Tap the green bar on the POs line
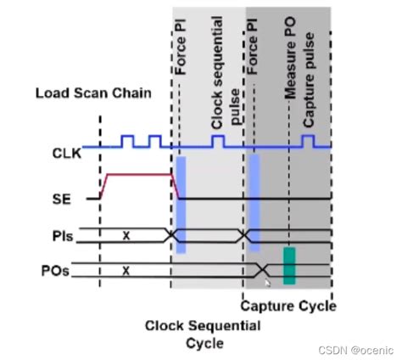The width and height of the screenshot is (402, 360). (289, 265)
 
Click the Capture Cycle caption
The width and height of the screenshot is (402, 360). (288, 307)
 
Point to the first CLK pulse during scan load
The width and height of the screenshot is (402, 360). (127, 139)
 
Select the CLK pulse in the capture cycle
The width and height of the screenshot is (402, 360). (308, 139)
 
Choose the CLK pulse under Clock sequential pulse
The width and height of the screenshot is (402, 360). (218, 139)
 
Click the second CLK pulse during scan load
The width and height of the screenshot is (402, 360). (154, 139)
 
